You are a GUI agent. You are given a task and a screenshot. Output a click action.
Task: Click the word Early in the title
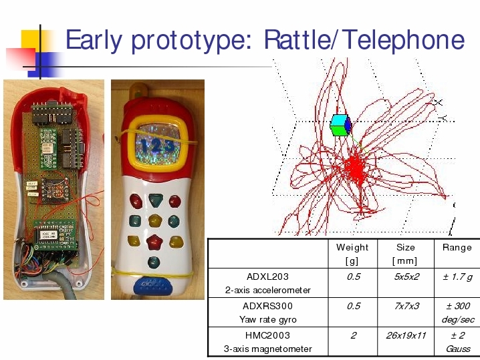pos(94,40)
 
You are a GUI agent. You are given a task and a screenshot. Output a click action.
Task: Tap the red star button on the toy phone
pos(154,242)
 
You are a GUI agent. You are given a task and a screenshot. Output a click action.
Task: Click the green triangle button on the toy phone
pos(156,200)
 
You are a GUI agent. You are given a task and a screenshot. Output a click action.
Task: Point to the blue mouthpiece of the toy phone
pos(152,286)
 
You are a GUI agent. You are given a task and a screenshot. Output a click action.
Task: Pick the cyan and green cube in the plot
pos(340,125)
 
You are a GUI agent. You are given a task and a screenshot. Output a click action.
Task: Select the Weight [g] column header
pos(352,254)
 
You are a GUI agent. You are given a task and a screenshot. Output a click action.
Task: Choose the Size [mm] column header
pos(405,254)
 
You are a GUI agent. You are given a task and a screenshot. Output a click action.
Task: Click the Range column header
pos(457,247)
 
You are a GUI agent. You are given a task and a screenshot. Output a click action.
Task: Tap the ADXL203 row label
pos(267,283)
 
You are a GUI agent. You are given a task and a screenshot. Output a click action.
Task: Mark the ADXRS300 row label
pos(267,313)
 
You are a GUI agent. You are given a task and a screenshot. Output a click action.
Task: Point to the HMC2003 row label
pos(267,342)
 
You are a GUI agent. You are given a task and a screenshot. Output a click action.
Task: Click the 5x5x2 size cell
pos(406,277)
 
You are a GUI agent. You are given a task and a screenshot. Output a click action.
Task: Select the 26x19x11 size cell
pos(406,335)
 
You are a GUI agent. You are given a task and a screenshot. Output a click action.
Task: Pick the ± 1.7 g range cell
pos(458,277)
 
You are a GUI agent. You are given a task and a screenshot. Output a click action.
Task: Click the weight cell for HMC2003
pos(353,335)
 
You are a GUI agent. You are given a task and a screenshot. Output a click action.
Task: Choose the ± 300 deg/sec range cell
pos(458,313)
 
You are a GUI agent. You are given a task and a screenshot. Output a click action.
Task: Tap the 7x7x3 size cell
pos(406,306)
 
